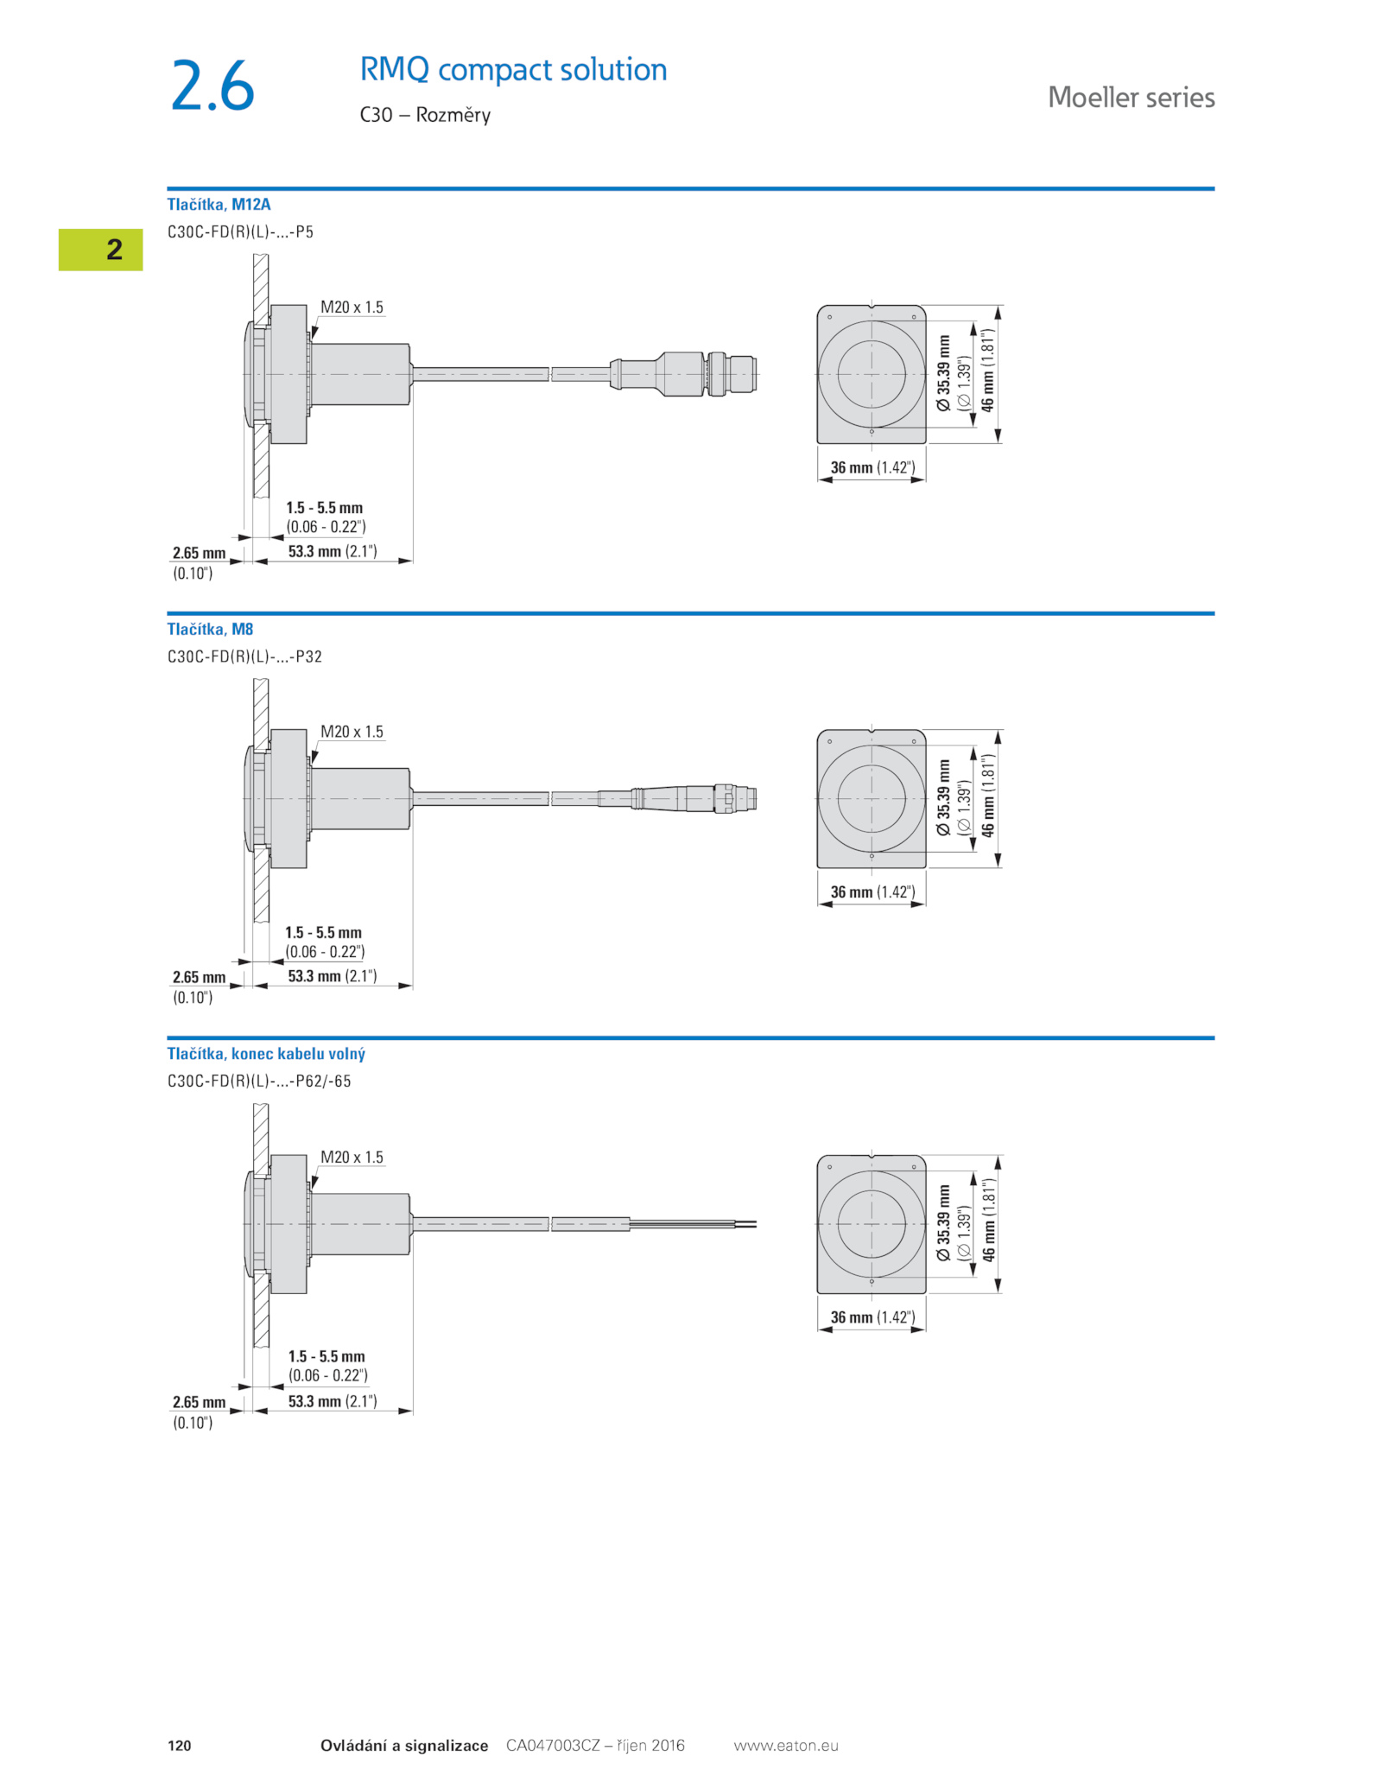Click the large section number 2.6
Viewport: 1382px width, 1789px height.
212,86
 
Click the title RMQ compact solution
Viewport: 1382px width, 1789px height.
513,69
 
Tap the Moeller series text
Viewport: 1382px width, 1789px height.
1132,97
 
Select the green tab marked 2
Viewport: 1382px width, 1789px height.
100,250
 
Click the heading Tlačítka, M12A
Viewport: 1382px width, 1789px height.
219,204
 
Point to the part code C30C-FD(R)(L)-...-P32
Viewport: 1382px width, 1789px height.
244,657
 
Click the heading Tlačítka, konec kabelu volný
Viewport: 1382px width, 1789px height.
266,1053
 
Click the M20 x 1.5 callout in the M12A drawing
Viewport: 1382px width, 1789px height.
352,307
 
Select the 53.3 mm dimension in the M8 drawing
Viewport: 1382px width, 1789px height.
333,976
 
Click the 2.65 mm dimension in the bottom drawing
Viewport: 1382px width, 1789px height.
199,1402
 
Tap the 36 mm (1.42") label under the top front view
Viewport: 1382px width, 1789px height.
872,467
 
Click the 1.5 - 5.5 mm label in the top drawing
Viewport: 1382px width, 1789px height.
325,508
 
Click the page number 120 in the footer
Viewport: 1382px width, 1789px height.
180,1745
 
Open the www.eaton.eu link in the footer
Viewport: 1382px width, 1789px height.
786,1745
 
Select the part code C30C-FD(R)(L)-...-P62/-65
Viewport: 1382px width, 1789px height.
259,1081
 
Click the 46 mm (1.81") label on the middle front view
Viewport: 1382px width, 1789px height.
988,795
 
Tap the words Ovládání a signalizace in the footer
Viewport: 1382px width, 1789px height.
404,1745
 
